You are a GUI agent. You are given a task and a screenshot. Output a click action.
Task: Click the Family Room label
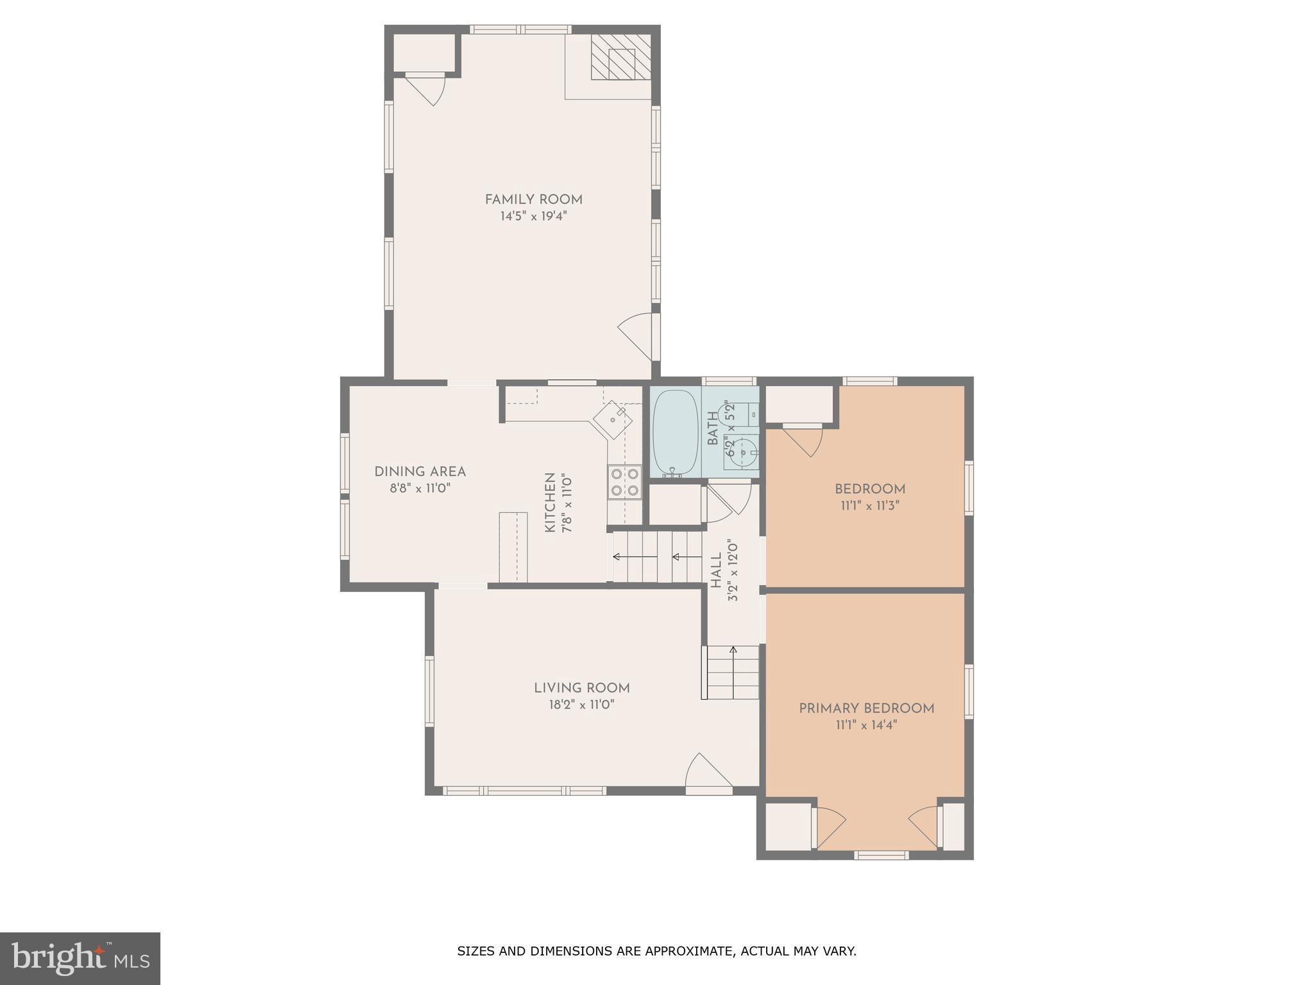tap(533, 199)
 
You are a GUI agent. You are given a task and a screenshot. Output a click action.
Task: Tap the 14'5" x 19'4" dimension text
tap(533, 216)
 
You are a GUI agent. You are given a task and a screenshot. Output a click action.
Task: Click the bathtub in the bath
tap(675, 432)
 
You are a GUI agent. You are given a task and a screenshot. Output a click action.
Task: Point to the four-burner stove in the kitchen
tap(624, 482)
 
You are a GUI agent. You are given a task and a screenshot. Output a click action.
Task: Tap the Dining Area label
tap(420, 472)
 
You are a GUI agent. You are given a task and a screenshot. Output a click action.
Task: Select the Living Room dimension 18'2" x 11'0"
tap(581, 705)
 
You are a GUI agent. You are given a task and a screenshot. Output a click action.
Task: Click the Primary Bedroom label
tap(866, 709)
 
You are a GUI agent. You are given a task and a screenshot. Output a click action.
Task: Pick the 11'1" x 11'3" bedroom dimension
tap(869, 506)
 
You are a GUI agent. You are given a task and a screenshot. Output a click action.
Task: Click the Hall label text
tap(717, 571)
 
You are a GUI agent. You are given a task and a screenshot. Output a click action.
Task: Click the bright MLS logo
tap(80, 958)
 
